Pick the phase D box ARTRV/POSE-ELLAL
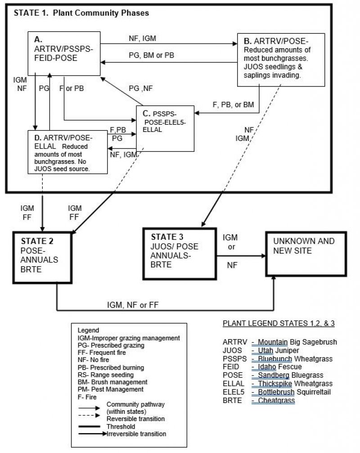pyautogui.click(x=67, y=151)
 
